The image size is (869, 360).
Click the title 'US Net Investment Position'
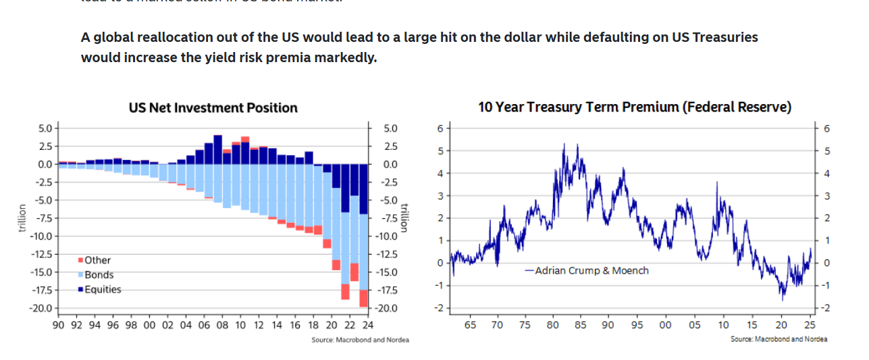coord(213,107)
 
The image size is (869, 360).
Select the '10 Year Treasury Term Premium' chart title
coord(634,107)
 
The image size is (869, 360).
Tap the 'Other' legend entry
coord(97,260)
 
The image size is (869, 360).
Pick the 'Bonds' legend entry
coord(99,275)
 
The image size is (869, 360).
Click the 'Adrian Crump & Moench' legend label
coord(591,270)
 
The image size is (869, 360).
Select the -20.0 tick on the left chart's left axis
coord(43,308)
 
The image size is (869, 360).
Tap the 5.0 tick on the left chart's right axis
coord(390,128)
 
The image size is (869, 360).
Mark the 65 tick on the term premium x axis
coord(470,325)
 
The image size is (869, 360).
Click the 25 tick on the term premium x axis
coord(810,325)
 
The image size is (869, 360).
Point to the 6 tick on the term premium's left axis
coord(440,128)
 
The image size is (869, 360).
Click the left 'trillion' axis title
coord(22,218)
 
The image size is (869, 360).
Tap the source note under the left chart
coord(360,340)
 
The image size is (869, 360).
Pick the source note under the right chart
coord(779,339)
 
